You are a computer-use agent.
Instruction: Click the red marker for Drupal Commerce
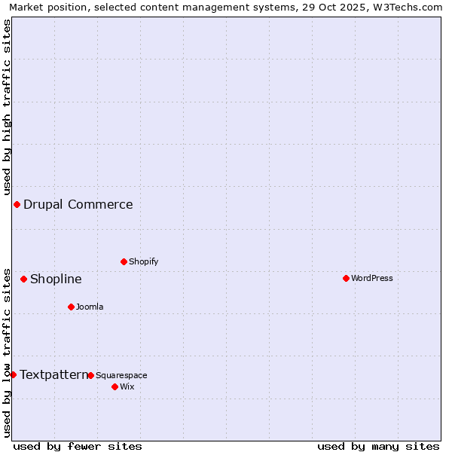coord(17,205)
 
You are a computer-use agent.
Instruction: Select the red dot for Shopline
coord(23,279)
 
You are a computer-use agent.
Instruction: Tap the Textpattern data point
coord(13,375)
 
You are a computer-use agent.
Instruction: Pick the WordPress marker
coord(346,279)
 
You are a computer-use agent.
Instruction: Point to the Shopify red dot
coord(124,262)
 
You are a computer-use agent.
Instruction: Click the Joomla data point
coord(71,307)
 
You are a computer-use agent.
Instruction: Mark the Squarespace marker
coord(90,376)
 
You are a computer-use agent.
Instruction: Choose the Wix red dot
coord(115,387)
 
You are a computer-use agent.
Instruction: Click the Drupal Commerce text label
coord(78,205)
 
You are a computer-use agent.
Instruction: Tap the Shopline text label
coord(56,279)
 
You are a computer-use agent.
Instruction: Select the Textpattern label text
coord(53,375)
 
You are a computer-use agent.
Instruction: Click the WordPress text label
coord(372,279)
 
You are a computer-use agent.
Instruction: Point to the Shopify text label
coord(144,262)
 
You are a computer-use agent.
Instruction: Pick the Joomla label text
coord(90,307)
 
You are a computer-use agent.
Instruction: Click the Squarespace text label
coord(121,376)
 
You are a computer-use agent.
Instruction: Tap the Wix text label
coord(127,387)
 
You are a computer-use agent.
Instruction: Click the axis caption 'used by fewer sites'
coord(78,447)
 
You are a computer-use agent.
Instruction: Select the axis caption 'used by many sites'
coord(378,447)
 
